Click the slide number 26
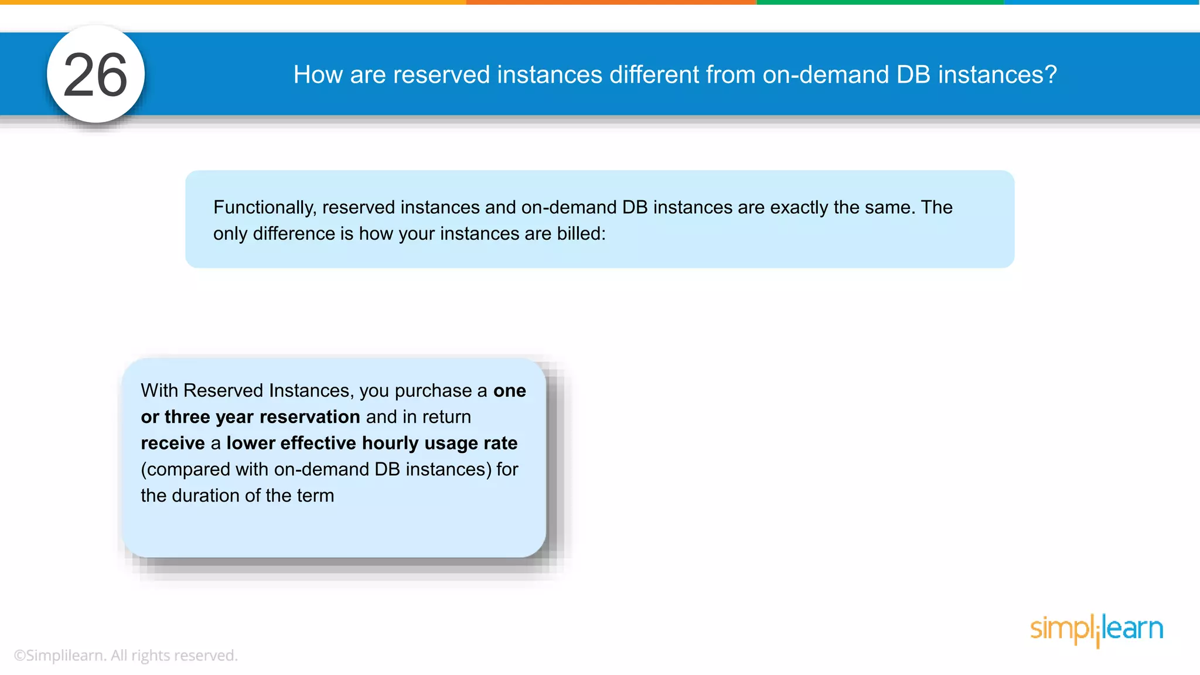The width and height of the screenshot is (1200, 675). click(x=95, y=75)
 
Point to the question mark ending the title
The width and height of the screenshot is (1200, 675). click(x=1051, y=75)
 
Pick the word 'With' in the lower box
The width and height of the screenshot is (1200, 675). click(x=160, y=391)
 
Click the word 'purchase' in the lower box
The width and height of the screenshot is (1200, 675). click(x=433, y=391)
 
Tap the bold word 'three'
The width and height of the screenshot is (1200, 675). click(x=187, y=417)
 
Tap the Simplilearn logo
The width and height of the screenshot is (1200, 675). click(x=1096, y=630)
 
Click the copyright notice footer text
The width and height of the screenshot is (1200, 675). click(x=125, y=656)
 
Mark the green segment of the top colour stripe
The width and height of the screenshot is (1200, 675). click(x=880, y=2)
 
